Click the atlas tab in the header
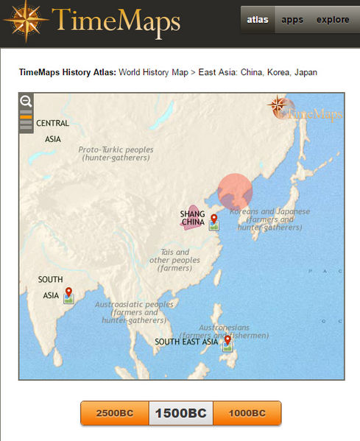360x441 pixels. pyautogui.click(x=257, y=20)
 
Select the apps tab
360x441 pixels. pyautogui.click(x=292, y=20)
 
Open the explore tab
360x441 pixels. pyautogui.click(x=333, y=20)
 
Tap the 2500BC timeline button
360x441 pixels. pyautogui.click(x=114, y=413)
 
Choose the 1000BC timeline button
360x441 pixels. pyautogui.click(x=247, y=413)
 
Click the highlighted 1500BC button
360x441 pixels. pyautogui.click(x=180, y=413)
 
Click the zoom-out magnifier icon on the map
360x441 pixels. pyautogui.click(x=26, y=102)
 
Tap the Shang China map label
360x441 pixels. pyautogui.click(x=192, y=218)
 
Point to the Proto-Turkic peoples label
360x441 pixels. pyautogui.click(x=116, y=153)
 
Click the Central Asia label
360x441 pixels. pyautogui.click(x=52, y=130)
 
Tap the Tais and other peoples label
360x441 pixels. pyautogui.click(x=174, y=260)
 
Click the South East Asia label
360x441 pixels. pyautogui.click(x=186, y=342)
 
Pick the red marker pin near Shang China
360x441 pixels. pyautogui.click(x=213, y=220)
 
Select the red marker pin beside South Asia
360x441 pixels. pyautogui.click(x=68, y=293)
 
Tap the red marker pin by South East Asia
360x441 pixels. pyautogui.click(x=227, y=341)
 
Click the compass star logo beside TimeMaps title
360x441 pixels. pyautogui.click(x=26, y=21)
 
